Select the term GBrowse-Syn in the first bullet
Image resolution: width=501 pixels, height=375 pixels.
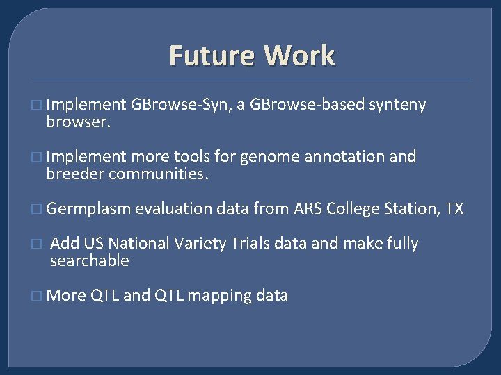coord(180,105)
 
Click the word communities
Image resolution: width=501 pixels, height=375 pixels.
coord(158,174)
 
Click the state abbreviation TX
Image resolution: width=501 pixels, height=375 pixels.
coord(454,209)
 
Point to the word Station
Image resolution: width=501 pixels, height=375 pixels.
coord(411,209)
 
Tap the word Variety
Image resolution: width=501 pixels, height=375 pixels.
coord(200,244)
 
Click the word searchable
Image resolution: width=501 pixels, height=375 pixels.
coord(90,261)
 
